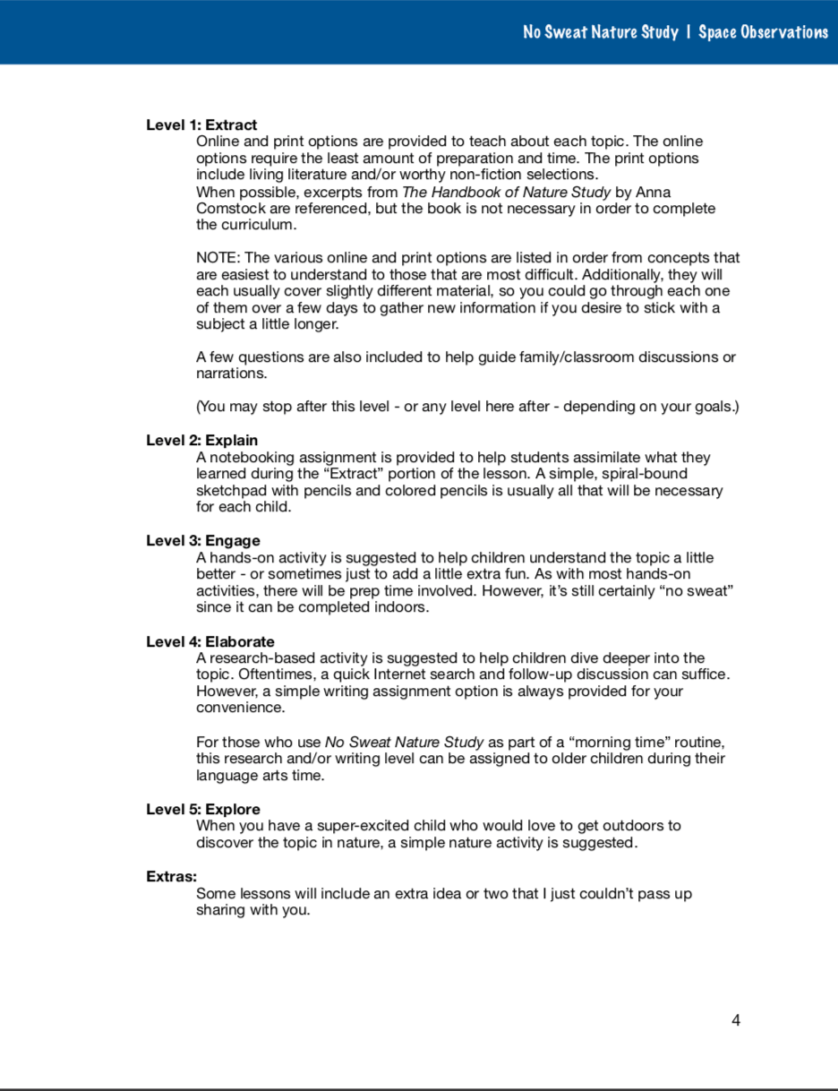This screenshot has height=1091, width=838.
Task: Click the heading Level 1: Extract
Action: pyautogui.click(x=201, y=125)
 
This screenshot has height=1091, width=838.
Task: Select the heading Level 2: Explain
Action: pyautogui.click(x=201, y=441)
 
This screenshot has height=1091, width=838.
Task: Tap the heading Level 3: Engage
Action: pyautogui.click(x=203, y=541)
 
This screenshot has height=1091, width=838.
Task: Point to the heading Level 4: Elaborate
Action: pyautogui.click(x=210, y=642)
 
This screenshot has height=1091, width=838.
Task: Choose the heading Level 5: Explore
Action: pyautogui.click(x=203, y=810)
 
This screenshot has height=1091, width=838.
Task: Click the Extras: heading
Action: pyautogui.click(x=171, y=877)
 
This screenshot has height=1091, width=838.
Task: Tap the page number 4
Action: pyautogui.click(x=736, y=1020)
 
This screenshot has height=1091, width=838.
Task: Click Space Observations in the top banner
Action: pyautogui.click(x=763, y=32)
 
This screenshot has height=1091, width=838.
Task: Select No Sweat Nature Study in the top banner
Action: pyautogui.click(x=600, y=32)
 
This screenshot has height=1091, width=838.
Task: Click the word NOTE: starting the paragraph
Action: pyautogui.click(x=218, y=259)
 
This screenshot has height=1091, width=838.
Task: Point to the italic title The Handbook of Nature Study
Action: pyautogui.click(x=507, y=193)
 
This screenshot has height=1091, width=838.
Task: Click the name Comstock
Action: pyautogui.click(x=227, y=209)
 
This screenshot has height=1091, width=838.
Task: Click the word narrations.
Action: pyautogui.click(x=231, y=374)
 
